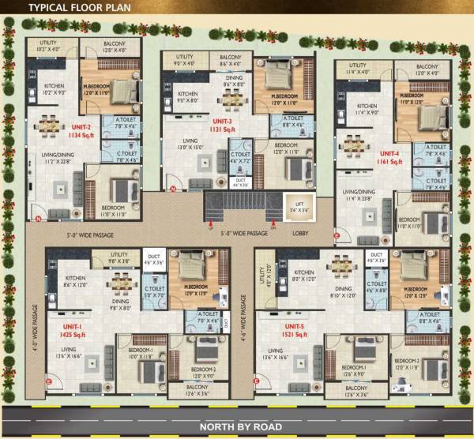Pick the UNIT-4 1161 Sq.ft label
(390, 156)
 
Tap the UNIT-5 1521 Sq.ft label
(294, 329)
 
